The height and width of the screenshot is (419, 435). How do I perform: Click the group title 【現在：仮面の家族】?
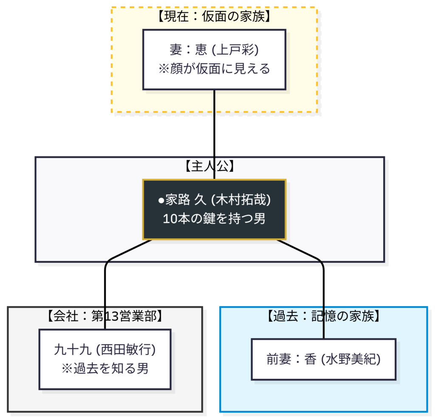click(214, 17)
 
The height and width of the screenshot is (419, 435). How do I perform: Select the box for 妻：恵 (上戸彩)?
click(214, 60)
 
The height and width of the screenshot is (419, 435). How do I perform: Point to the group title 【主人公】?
click(210, 166)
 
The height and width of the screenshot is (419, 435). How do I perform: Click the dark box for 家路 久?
click(214, 209)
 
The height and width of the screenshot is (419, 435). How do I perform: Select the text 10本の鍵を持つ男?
click(214, 219)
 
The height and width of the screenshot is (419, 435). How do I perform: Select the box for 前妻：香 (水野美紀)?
click(323, 359)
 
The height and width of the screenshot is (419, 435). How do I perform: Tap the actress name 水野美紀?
click(350, 359)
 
